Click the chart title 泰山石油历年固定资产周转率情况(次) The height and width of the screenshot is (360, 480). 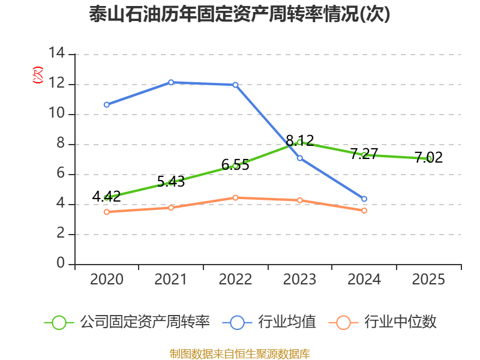point(239,14)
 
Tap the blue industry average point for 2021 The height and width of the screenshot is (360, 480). point(171,82)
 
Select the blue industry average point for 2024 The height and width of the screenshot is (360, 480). point(364,199)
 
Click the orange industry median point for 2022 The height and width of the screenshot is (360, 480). point(235,198)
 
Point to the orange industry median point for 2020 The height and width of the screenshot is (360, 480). point(107,212)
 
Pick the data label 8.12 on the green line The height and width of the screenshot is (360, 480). point(299,140)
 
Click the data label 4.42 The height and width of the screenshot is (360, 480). point(107,196)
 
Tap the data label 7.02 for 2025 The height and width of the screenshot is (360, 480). point(428,157)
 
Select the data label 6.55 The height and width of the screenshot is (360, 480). point(235,164)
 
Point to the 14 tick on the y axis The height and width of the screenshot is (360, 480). point(57,53)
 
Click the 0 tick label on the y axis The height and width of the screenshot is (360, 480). point(61,263)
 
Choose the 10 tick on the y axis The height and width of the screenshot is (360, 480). point(57,113)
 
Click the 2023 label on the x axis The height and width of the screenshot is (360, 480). point(299,279)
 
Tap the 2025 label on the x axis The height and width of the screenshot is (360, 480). point(428,279)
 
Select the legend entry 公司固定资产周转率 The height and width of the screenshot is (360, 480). point(127,322)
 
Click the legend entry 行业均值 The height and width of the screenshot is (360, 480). point(269,322)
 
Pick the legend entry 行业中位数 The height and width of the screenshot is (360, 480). point(382,322)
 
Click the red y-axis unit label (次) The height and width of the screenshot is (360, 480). point(38,75)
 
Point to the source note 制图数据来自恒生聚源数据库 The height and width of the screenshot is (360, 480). point(240,353)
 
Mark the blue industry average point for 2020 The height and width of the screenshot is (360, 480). point(107,104)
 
